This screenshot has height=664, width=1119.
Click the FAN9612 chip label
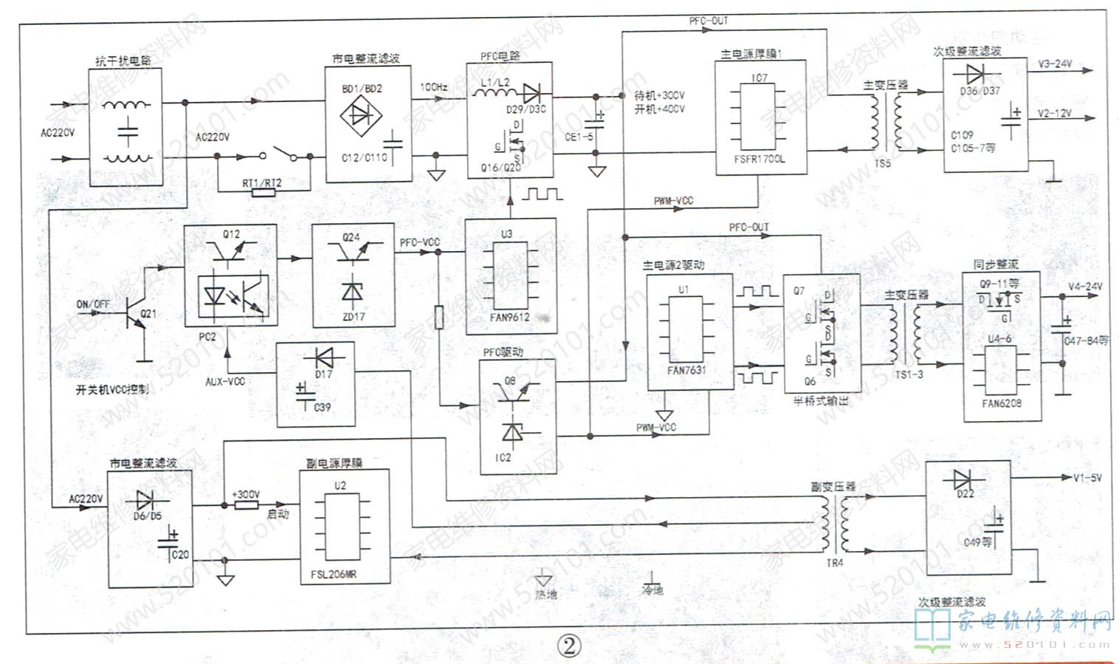509,318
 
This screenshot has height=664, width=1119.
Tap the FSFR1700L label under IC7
760,159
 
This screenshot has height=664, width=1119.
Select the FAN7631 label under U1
686,371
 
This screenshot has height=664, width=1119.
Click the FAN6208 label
1002,403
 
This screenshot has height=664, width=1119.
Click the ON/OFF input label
93,304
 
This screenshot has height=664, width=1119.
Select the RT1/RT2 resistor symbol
263,193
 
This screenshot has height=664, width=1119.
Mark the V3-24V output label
1054,64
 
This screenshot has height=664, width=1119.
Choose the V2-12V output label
1054,114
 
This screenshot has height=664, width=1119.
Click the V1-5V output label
1087,478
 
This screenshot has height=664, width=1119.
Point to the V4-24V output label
1084,287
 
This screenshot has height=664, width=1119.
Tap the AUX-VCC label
225,381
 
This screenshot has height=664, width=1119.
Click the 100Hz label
433,87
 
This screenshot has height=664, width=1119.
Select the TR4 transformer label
834,563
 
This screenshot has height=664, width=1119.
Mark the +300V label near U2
245,494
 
